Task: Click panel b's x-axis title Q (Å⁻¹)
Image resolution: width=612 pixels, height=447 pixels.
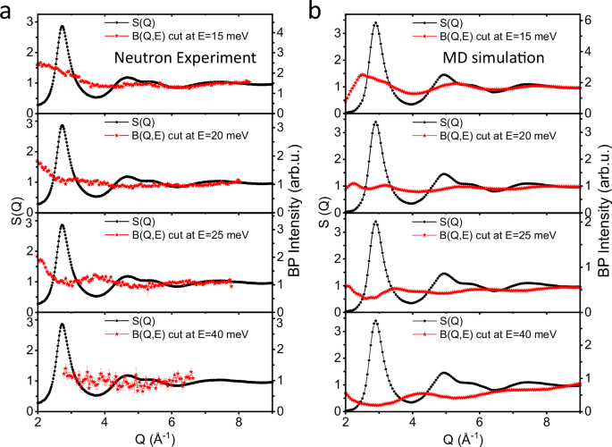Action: tap(462, 439)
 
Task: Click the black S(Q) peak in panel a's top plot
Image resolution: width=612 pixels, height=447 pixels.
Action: tap(62, 26)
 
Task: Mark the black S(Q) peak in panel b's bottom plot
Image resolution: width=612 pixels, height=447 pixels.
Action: tap(375, 321)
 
